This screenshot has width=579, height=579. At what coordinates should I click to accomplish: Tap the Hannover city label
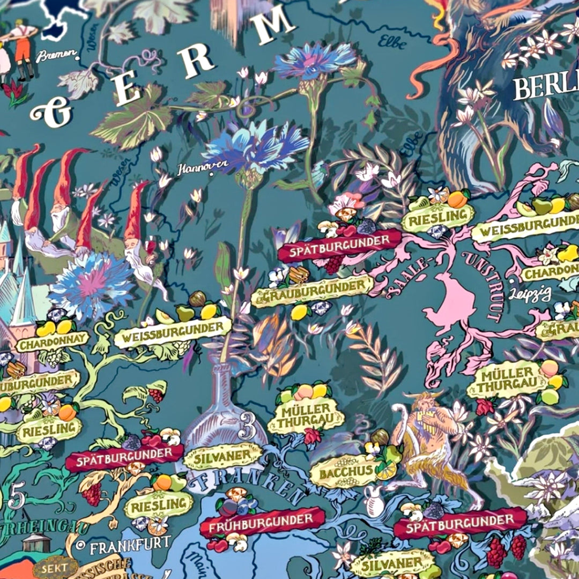(203, 167)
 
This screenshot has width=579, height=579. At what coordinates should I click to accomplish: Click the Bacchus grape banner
(346, 472)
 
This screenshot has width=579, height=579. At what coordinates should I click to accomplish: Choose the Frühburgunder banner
(262, 521)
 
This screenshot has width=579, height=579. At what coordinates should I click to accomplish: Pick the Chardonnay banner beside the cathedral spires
(52, 340)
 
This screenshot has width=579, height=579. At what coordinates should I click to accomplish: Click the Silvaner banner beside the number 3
(222, 457)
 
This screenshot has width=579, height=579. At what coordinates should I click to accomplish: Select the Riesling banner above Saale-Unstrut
(437, 217)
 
